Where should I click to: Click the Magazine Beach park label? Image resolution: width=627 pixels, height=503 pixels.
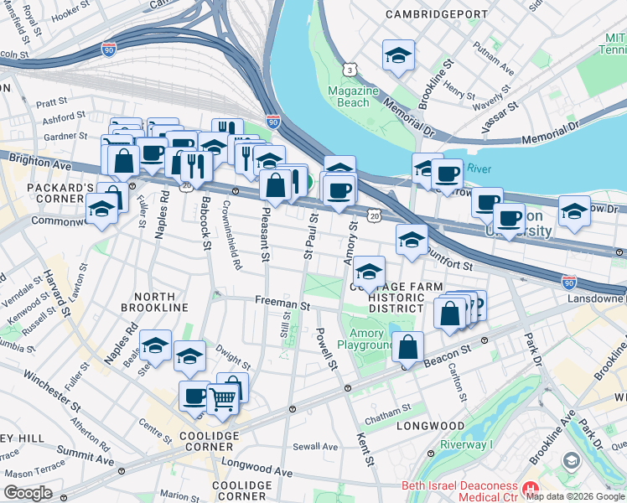click(348, 96)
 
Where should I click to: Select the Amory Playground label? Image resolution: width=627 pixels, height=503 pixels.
click(365, 339)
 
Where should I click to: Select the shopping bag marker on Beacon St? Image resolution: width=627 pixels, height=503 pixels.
click(407, 346)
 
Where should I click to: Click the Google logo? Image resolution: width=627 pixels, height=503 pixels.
click(28, 492)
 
